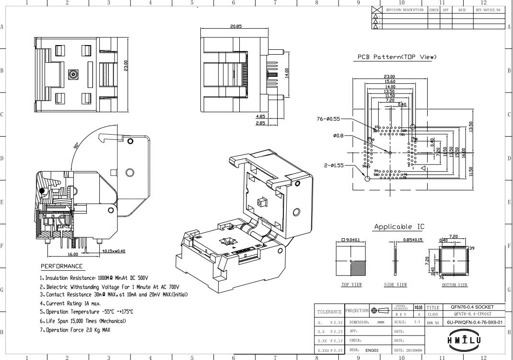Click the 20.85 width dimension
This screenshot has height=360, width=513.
[235, 26]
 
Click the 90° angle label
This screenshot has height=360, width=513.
[77, 146]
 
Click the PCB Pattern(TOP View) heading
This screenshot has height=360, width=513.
[397, 57]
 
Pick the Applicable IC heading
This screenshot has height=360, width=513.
[399, 226]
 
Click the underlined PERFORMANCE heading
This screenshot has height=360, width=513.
[61, 266]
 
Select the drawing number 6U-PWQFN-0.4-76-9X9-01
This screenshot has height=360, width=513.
[475, 322]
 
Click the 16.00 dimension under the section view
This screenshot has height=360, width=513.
[73, 255]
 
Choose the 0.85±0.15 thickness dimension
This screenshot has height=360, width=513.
[412, 240]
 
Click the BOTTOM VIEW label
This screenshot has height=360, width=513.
[454, 285]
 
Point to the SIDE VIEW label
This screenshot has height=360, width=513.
[396, 285]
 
